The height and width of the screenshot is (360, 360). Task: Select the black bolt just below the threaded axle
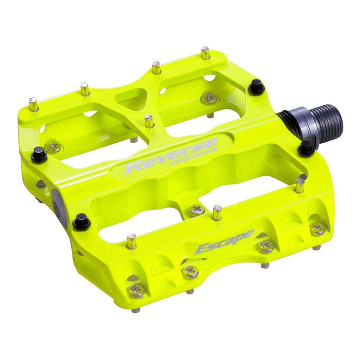coord(306,147)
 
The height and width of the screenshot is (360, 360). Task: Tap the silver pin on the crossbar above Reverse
coord(149,121)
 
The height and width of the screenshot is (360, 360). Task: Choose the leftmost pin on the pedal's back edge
coord(34,104)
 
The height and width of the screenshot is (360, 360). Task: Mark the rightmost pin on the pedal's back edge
coord(206,53)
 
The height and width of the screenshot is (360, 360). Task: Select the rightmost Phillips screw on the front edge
coord(318,229)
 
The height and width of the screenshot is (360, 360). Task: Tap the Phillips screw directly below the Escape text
coord(265,246)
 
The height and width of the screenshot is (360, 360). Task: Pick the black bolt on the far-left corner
coord(39,153)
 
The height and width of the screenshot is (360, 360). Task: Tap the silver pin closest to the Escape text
coord(216,212)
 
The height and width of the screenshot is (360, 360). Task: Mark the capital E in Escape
coord(202,248)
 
